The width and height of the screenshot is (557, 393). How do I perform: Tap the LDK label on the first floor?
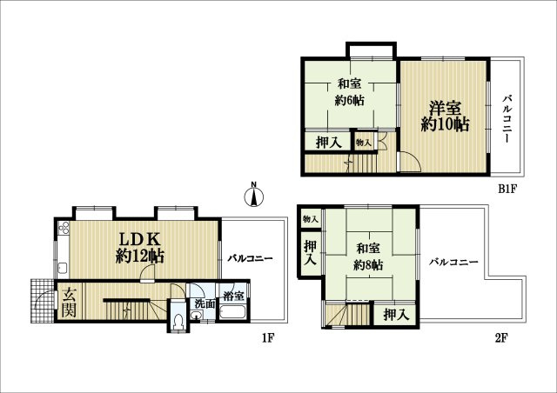click(139, 240)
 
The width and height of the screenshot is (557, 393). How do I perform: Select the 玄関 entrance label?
click(70, 302)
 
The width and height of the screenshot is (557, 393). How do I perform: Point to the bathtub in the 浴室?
click(232, 312)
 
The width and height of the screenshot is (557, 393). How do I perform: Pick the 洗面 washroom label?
click(205, 304)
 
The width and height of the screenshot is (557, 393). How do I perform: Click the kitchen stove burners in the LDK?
click(64, 228)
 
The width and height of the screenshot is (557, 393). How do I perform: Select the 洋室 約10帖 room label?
click(445, 117)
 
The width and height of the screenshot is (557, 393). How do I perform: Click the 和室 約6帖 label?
click(350, 92)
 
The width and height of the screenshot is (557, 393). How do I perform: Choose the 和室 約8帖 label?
click(368, 256)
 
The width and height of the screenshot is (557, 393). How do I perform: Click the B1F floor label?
click(507, 190)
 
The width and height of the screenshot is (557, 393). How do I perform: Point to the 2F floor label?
click(501, 338)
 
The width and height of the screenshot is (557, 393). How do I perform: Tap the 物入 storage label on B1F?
click(364, 143)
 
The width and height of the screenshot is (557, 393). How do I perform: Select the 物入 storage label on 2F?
click(310, 219)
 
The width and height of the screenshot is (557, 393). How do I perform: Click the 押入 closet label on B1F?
click(329, 143)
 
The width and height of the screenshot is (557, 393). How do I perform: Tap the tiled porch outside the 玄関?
click(43, 301)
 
